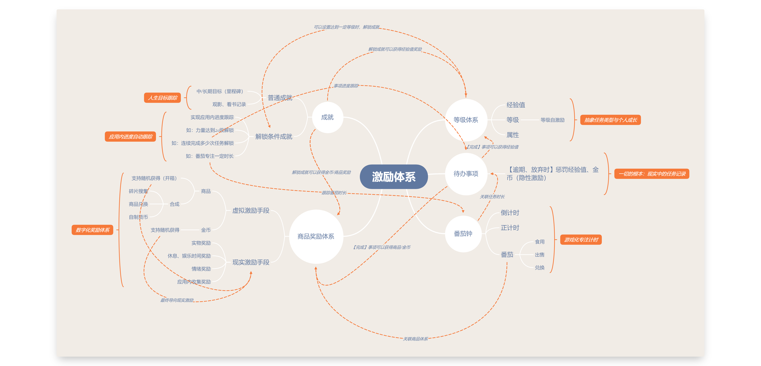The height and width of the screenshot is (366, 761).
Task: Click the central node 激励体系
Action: (x=394, y=176)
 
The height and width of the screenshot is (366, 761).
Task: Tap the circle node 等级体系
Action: (x=466, y=120)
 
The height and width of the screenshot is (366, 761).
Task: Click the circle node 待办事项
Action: (x=466, y=174)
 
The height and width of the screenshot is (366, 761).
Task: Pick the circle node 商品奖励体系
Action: (x=316, y=236)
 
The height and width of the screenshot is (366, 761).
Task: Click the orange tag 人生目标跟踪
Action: (x=162, y=98)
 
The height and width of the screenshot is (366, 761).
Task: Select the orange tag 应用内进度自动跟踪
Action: (x=130, y=137)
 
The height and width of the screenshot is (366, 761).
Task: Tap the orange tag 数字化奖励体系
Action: (x=92, y=230)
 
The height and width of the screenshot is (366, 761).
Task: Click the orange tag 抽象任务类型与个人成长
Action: (x=610, y=120)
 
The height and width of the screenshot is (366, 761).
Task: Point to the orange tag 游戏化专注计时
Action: (x=581, y=240)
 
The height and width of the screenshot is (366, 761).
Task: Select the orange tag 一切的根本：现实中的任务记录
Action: (x=652, y=174)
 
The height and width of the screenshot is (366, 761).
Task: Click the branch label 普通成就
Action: (x=280, y=98)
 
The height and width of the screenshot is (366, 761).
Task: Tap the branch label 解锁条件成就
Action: (x=274, y=137)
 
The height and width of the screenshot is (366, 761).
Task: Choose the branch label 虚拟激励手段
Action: (x=251, y=211)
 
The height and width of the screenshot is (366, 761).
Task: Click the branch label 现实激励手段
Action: (x=251, y=262)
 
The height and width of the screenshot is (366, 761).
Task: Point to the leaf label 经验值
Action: (x=516, y=105)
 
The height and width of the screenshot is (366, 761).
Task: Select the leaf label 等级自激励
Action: (x=552, y=120)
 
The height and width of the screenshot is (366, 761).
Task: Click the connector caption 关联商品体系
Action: (x=415, y=339)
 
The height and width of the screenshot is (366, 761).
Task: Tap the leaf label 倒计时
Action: (x=510, y=213)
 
